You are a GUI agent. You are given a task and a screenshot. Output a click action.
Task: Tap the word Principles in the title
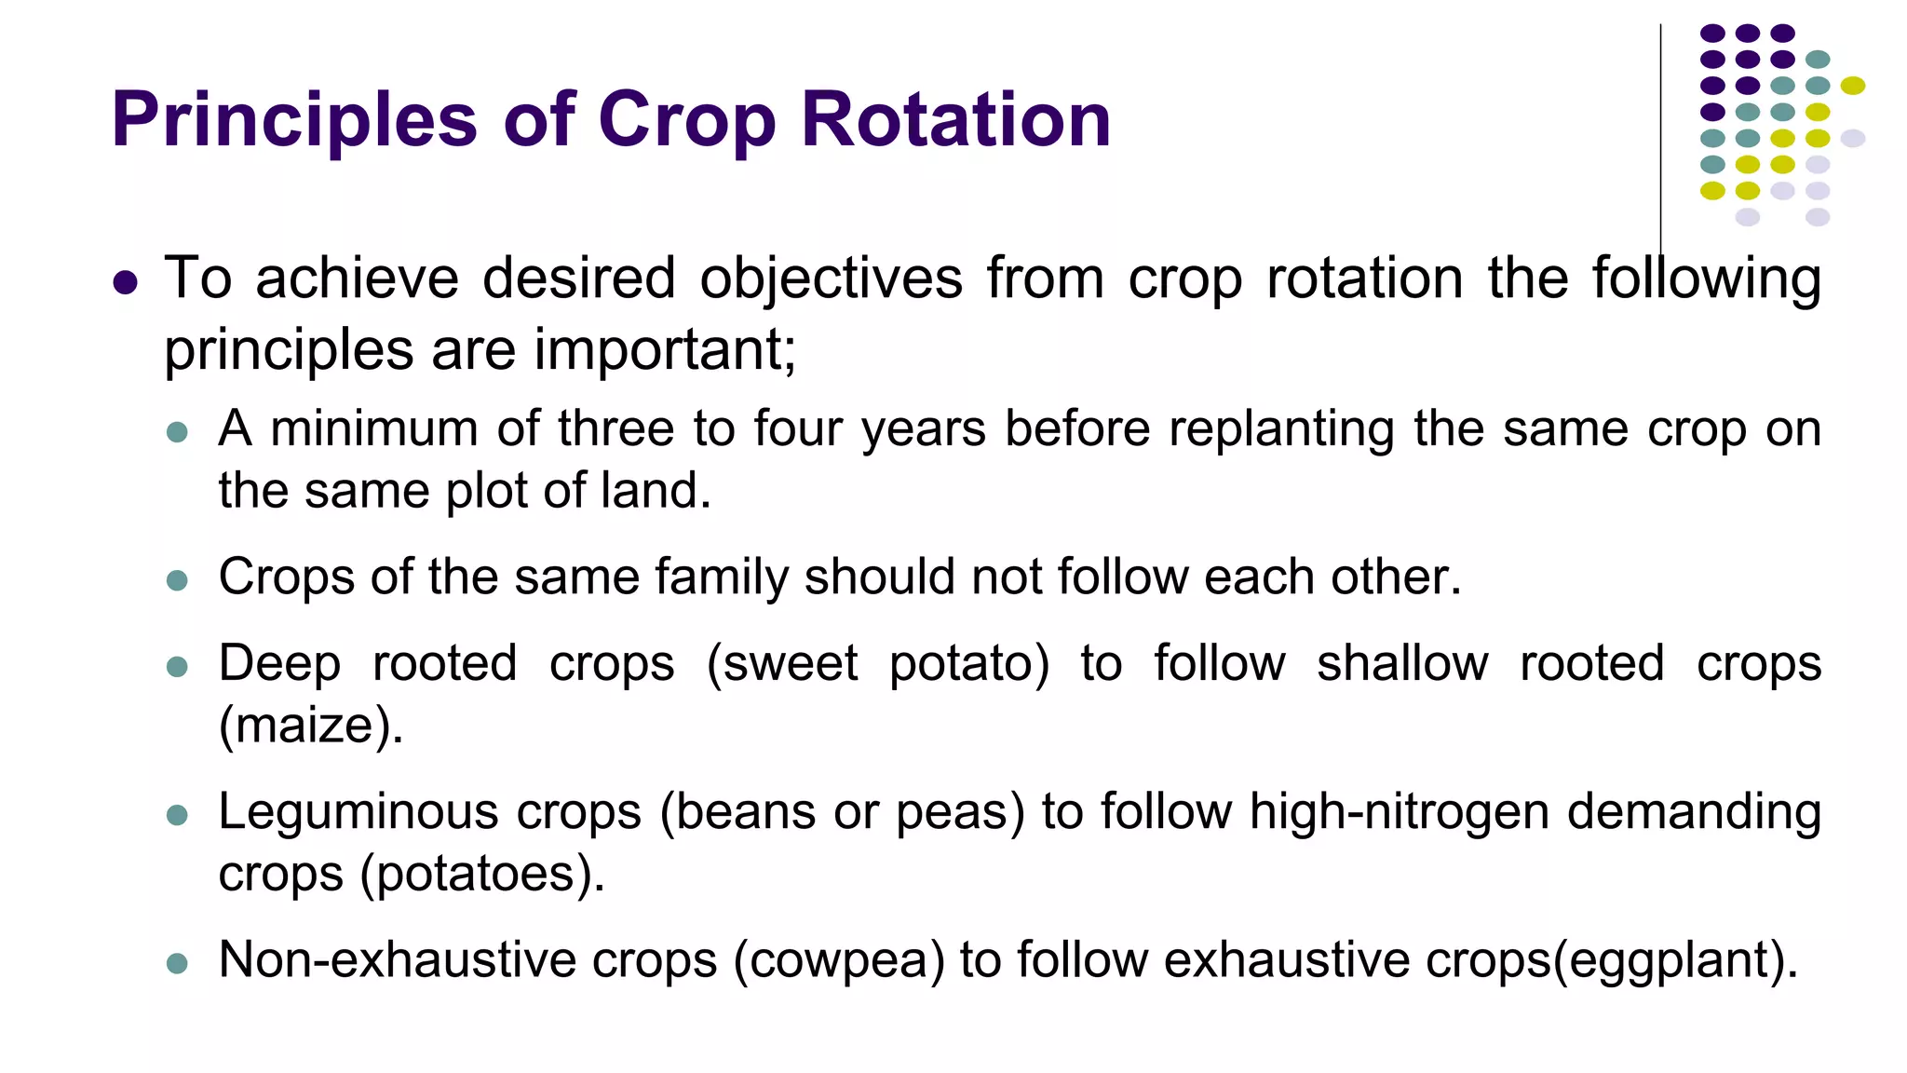pos(294,121)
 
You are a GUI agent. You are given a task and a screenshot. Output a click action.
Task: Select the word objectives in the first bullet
pos(831,278)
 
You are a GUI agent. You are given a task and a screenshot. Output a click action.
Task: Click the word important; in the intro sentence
pos(665,350)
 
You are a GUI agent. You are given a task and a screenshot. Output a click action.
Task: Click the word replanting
pos(1280,430)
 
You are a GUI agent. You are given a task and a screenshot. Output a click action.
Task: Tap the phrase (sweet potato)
pos(877,664)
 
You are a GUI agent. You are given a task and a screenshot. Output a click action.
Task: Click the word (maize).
pos(311,725)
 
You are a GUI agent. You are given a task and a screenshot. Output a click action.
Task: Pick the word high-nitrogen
pos(1400,811)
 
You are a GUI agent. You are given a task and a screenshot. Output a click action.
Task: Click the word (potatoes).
pos(482,874)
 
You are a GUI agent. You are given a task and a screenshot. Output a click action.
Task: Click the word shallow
pos(1402,664)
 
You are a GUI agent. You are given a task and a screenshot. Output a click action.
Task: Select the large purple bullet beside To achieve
pos(125,281)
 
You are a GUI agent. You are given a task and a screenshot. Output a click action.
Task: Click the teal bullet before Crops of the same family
pos(177,581)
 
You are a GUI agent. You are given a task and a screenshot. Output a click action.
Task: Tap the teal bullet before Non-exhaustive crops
pos(177,963)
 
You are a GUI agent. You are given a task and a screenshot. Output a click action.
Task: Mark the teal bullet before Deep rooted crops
pos(177,667)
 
